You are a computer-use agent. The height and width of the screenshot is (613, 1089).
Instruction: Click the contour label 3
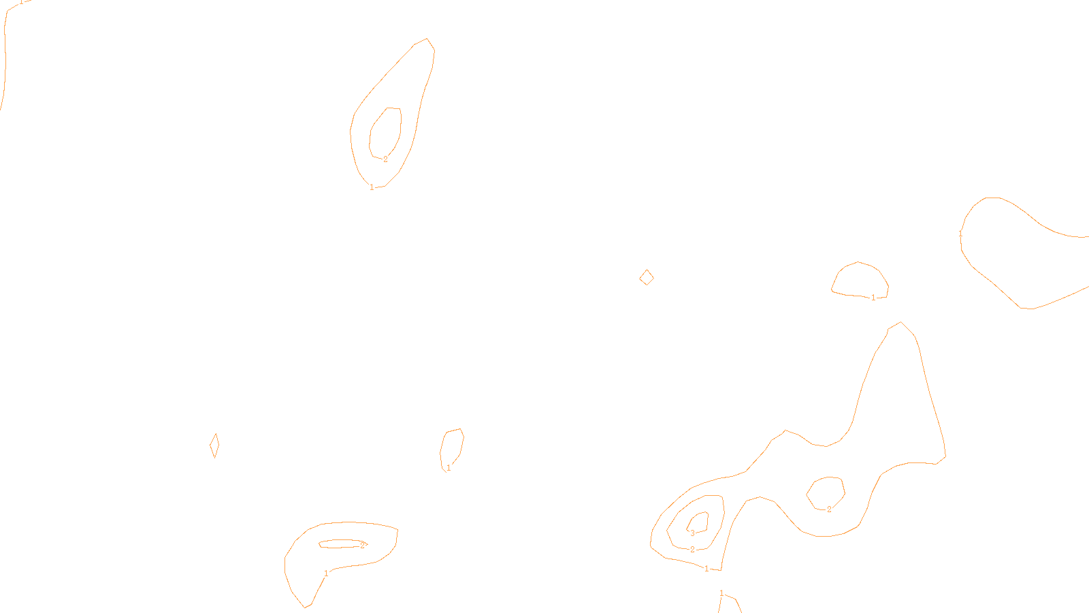[692, 533]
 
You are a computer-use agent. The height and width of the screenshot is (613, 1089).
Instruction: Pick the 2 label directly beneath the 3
[692, 550]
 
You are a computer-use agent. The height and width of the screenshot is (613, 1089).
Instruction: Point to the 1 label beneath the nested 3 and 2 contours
[706, 569]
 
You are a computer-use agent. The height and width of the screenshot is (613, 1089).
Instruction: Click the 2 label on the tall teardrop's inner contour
[385, 159]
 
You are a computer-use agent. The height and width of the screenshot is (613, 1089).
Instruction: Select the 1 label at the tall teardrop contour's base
[372, 187]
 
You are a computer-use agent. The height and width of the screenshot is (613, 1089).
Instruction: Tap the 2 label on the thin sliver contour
[363, 545]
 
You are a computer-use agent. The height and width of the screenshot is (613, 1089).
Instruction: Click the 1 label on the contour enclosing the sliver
[326, 573]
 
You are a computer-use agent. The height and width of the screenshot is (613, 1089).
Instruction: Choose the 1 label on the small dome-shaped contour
[873, 298]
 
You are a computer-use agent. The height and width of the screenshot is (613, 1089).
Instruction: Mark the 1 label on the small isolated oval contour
[449, 468]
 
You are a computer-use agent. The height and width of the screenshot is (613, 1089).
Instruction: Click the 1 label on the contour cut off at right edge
[960, 234]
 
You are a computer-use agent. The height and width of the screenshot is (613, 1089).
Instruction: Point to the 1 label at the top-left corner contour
[21, 2]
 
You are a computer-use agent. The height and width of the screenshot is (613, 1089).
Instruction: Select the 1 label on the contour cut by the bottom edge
[721, 594]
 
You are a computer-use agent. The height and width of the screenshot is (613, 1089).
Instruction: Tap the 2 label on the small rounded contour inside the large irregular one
[829, 509]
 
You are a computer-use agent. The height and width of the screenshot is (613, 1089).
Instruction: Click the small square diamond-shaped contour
[647, 277]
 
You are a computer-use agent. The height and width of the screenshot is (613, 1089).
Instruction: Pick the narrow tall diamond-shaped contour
[214, 445]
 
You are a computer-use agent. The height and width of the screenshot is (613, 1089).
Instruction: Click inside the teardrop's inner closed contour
[385, 131]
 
